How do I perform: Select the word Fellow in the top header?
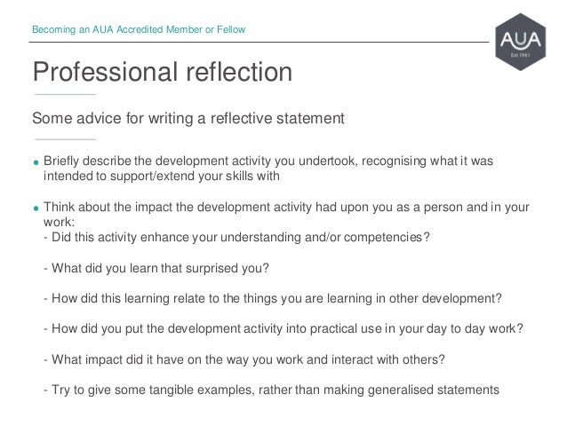click(x=230, y=31)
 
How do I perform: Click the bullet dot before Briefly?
click(x=36, y=162)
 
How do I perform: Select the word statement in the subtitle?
click(x=306, y=117)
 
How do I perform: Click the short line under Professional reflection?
click(x=64, y=94)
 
